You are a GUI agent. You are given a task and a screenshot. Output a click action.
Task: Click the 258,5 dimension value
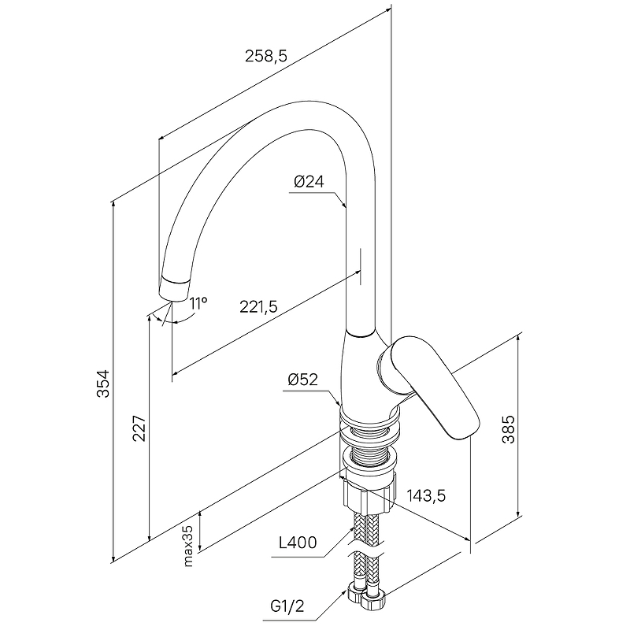[x=266, y=56]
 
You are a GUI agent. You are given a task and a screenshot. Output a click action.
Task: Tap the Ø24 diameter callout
[x=309, y=182]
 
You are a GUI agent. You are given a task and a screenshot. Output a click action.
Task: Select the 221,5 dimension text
[x=259, y=307]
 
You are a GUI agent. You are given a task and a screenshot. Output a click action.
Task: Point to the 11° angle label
[x=198, y=303]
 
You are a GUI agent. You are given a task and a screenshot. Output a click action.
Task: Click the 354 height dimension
[x=103, y=384]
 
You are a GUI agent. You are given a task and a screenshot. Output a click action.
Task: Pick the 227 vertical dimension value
[x=139, y=428]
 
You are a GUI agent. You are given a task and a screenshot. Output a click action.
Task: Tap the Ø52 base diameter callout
[x=302, y=380]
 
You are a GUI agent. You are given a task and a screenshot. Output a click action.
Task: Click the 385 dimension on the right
[x=508, y=429]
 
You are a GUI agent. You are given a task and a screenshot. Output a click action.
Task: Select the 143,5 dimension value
[x=426, y=496]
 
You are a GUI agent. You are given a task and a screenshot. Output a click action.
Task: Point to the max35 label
[x=188, y=545]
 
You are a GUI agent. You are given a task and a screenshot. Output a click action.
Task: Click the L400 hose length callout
[x=298, y=543]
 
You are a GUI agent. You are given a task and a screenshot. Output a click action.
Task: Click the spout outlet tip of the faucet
[x=174, y=288]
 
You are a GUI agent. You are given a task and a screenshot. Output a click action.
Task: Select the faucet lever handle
[x=429, y=386]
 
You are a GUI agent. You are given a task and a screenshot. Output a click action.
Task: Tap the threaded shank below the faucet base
[x=369, y=447]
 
